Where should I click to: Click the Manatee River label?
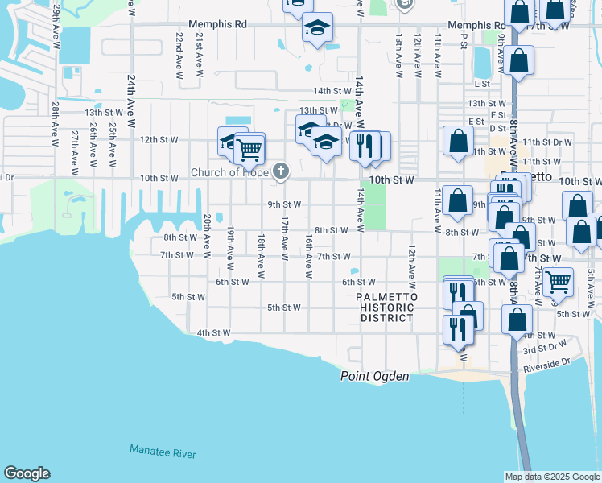click(x=163, y=453)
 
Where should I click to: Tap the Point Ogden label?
click(x=375, y=376)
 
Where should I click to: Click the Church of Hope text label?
click(x=229, y=171)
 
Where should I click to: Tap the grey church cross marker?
click(x=280, y=171)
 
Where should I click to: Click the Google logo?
click(x=27, y=473)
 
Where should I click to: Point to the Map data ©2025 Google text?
click(x=551, y=476)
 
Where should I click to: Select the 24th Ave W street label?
click(x=131, y=97)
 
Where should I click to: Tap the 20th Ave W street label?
click(x=207, y=236)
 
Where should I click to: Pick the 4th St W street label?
click(x=213, y=332)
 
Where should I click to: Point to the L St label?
click(x=482, y=83)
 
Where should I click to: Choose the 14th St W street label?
click(x=332, y=91)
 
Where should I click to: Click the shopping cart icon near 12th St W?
click(x=249, y=147)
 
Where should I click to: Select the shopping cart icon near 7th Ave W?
click(x=557, y=282)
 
